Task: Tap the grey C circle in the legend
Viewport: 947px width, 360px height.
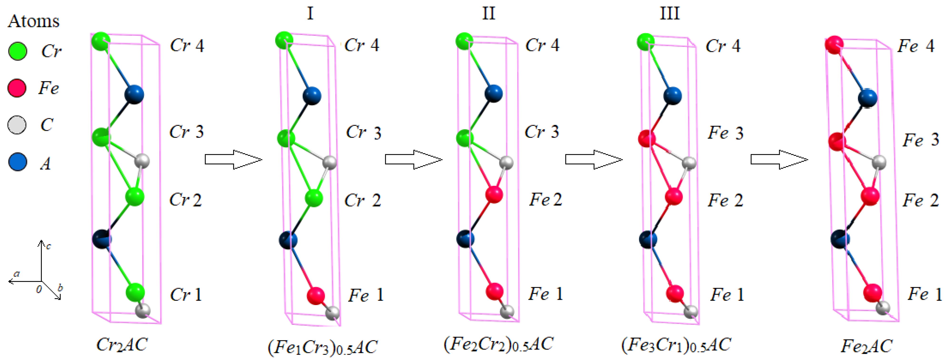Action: [x=17, y=125]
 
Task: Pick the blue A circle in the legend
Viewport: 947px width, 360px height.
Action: [x=17, y=162]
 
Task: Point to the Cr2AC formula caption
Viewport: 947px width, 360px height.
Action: [x=122, y=345]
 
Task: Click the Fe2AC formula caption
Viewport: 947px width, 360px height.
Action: [x=866, y=346]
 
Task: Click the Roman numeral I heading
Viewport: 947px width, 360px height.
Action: [x=310, y=14]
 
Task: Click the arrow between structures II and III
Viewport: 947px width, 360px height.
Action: [x=593, y=160]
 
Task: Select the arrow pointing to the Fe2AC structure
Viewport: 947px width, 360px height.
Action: [x=779, y=160]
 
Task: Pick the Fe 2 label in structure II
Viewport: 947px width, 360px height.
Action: [x=545, y=200]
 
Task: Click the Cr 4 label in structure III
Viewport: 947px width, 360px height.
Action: [x=723, y=46]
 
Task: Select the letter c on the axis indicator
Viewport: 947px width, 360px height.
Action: [x=49, y=246]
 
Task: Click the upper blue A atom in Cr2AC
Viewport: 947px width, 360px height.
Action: [x=134, y=94]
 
